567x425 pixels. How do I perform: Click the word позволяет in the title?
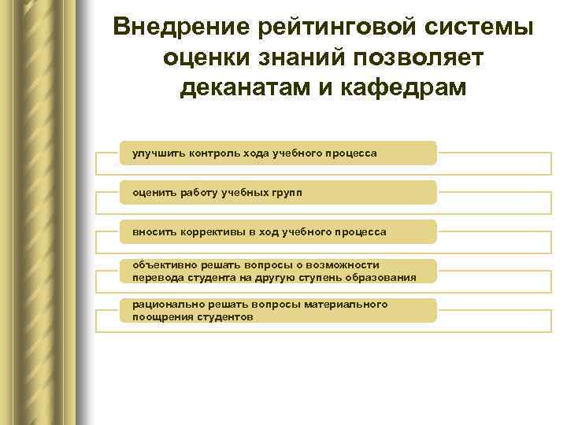pos(428,57)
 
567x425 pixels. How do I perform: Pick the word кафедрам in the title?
pos(407,87)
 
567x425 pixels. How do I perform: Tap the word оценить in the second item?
pos(153,192)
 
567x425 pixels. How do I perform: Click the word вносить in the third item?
pos(154,231)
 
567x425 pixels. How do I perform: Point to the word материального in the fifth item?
pos(347,305)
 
